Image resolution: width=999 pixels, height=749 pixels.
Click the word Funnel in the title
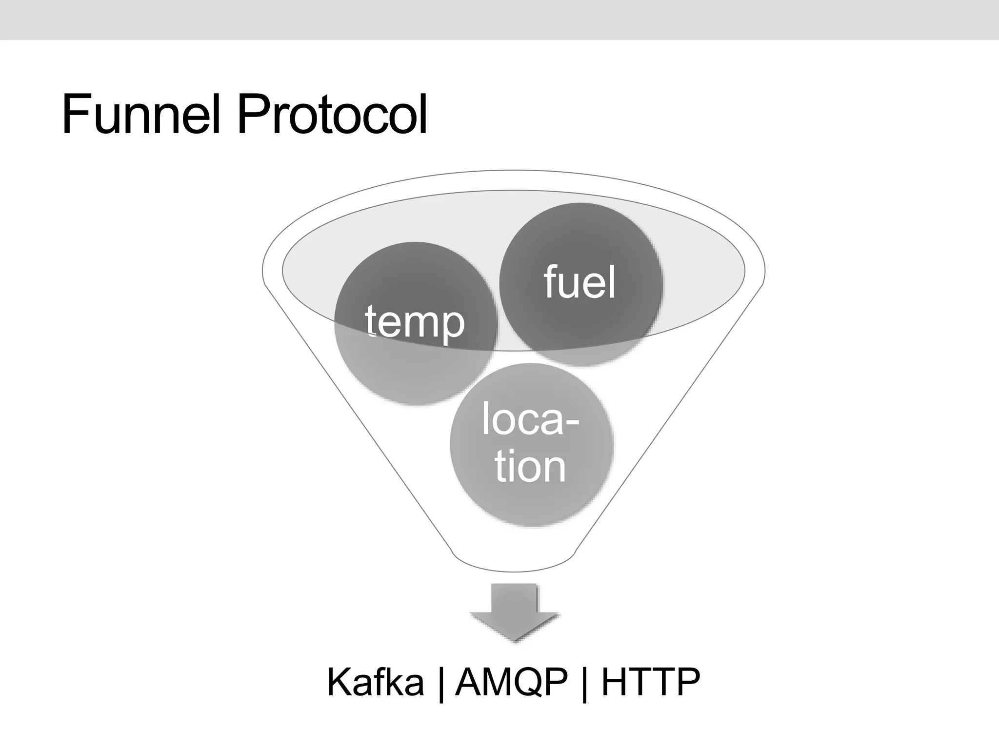point(141,116)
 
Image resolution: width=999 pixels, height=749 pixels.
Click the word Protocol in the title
point(332,116)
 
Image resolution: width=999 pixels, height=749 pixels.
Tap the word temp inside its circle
point(415,322)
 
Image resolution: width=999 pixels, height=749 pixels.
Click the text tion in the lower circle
point(530,467)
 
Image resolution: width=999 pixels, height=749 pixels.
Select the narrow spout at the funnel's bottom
point(514,561)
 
